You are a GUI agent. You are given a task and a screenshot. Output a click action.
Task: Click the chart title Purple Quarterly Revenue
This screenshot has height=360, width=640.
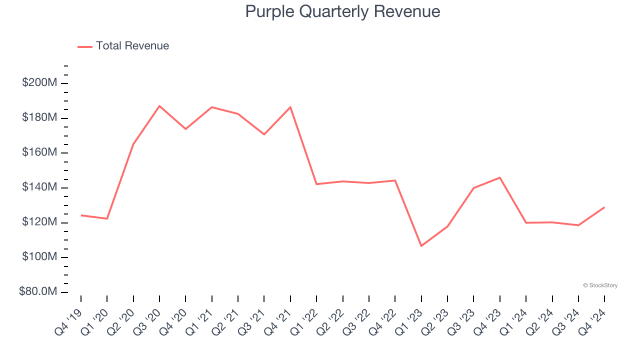342,11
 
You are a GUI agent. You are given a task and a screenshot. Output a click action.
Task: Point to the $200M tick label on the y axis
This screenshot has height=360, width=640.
39,83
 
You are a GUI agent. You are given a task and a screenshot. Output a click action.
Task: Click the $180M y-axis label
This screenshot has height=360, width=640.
39,118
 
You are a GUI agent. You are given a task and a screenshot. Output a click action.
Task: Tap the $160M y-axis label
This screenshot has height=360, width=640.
39,152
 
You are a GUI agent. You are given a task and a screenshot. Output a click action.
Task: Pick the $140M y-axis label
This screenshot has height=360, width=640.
39,187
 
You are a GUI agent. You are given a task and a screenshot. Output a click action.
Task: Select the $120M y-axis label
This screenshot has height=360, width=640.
39,222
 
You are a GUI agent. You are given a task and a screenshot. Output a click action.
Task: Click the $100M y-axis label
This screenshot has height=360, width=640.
39,257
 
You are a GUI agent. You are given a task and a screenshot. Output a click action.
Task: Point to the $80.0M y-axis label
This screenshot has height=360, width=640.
38,292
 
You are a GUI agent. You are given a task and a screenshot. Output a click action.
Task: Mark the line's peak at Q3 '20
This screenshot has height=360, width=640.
159,106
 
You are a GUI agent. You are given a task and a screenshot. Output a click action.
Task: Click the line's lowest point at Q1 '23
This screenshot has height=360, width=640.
421,245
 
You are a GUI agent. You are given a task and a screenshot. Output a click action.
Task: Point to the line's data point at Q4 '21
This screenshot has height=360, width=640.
290,107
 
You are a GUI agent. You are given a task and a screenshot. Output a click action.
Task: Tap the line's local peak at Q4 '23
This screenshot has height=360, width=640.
499,177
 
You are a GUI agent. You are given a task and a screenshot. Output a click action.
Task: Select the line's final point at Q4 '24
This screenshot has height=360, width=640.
604,207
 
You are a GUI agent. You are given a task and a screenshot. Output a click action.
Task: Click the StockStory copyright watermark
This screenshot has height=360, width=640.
600,285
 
